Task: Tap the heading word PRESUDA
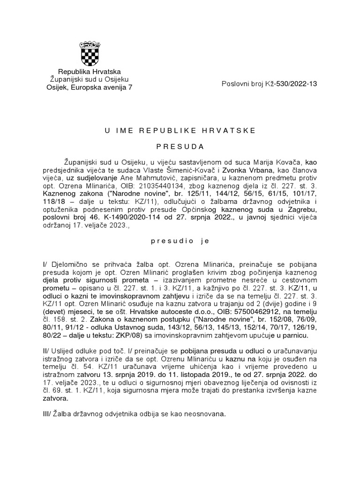tap(180, 146)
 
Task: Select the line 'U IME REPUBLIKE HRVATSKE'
tap(180, 130)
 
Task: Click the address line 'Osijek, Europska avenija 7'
tap(89, 87)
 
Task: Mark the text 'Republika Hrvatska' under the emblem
tap(89, 71)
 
